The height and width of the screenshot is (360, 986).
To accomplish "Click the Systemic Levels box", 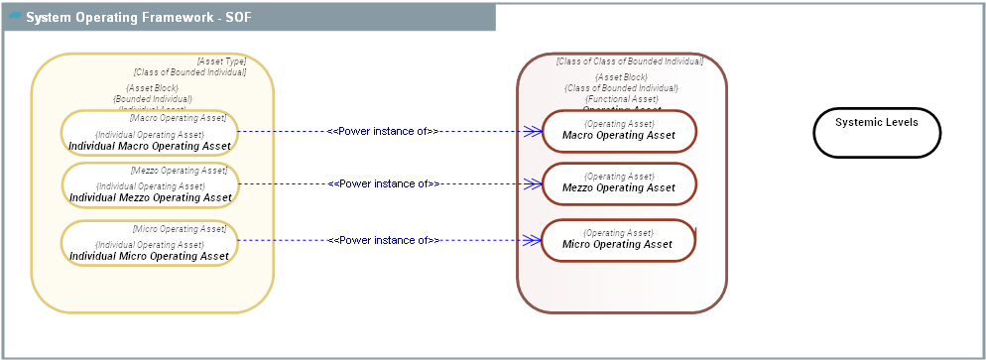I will click(877, 132).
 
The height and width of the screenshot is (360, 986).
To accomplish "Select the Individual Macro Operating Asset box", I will click(150, 133).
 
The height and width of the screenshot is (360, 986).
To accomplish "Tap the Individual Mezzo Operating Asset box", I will click(150, 185).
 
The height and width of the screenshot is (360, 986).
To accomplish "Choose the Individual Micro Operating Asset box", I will click(150, 243).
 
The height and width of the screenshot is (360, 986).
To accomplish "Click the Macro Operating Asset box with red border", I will click(619, 131).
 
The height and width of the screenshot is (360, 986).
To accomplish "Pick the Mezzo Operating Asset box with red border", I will click(619, 183).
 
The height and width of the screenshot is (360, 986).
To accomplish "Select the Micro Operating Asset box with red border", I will click(619, 240).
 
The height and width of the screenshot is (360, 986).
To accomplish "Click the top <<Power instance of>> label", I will click(383, 131).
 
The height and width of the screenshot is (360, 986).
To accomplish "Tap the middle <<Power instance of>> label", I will click(383, 183).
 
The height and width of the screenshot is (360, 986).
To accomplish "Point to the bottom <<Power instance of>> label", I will click(383, 240).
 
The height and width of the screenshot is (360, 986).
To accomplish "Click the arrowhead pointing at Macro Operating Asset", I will click(534, 131).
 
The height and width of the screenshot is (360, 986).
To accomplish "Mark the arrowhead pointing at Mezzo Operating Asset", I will click(534, 183).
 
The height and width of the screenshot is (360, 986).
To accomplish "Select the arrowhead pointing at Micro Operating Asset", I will click(534, 240).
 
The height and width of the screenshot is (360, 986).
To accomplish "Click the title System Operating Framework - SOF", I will click(145, 17).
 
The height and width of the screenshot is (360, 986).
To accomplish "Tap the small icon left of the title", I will click(15, 16).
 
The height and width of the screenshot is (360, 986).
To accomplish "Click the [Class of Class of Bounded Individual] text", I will click(629, 61).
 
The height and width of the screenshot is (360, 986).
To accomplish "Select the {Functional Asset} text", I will click(622, 99).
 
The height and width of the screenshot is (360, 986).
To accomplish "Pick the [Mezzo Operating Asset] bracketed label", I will click(179, 171).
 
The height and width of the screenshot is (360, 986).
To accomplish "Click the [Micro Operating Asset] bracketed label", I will click(180, 229).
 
